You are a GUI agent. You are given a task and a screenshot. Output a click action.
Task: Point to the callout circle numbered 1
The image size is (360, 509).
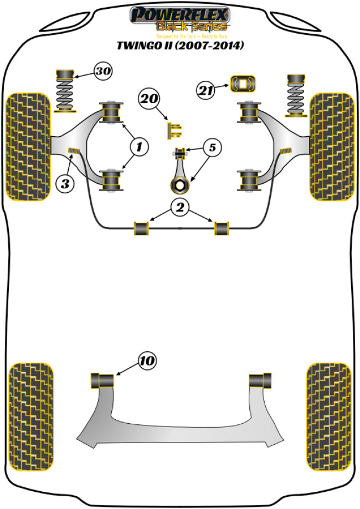click(139, 147)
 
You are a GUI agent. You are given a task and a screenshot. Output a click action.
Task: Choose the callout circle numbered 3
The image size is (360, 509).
click(66, 183)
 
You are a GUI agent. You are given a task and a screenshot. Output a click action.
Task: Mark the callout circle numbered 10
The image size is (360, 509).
click(146, 362)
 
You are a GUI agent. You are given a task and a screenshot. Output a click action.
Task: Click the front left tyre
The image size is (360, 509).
click(28, 146)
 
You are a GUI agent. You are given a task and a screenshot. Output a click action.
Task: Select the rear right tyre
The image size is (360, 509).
click(329, 408)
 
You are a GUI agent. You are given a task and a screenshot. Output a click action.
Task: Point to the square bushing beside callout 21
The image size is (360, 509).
click(242, 84)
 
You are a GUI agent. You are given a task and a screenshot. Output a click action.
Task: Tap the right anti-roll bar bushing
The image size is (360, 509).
click(222, 228)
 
